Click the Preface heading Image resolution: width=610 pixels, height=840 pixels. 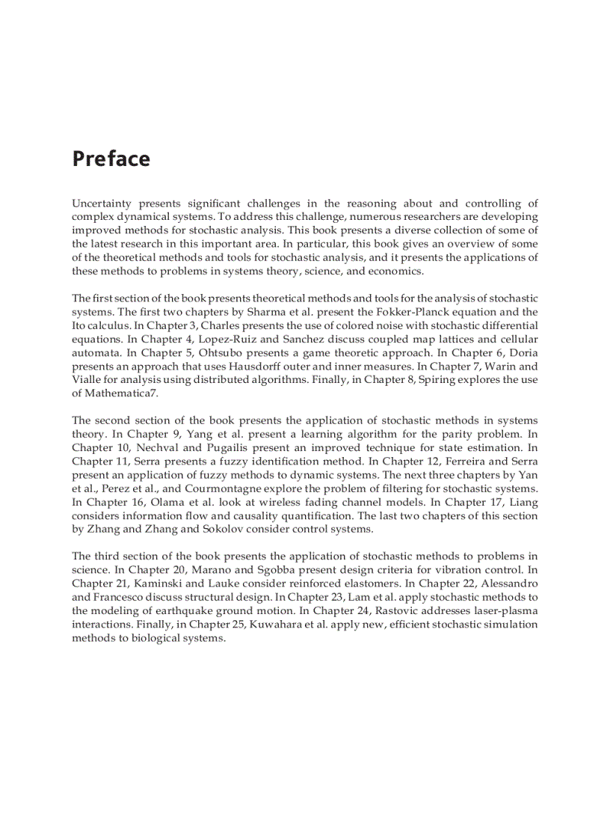point(111,159)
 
